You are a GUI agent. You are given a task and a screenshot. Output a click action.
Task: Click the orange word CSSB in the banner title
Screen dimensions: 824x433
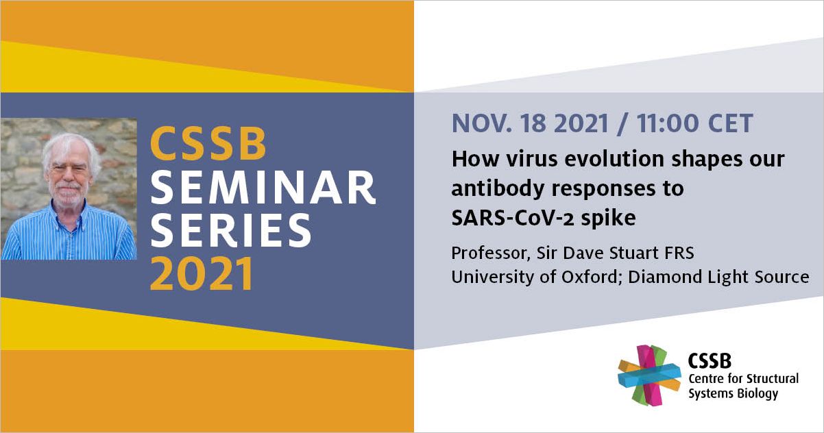click(208, 143)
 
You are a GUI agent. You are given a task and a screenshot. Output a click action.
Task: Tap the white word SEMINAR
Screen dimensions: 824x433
click(263, 188)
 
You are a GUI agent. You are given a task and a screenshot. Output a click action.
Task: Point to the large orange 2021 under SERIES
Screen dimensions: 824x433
click(202, 273)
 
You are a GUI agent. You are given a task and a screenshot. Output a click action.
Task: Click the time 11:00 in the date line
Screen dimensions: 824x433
click(668, 123)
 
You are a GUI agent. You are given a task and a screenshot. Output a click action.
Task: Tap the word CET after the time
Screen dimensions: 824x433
click(730, 123)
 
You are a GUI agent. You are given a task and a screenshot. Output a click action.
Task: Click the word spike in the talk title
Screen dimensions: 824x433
click(609, 219)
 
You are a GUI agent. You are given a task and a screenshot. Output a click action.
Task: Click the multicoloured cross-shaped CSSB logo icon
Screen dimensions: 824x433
click(649, 375)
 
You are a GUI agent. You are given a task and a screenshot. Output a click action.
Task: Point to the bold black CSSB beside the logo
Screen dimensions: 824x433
click(710, 361)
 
